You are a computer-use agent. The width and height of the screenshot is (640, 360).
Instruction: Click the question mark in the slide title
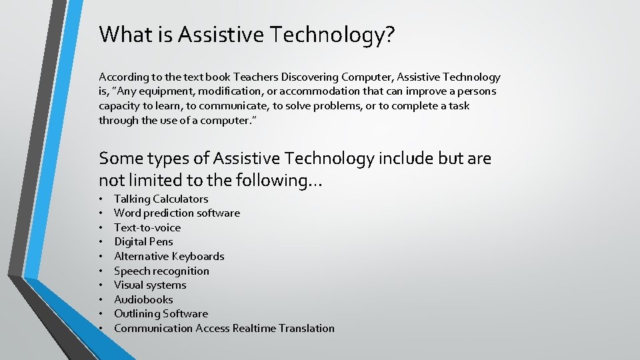click(x=389, y=35)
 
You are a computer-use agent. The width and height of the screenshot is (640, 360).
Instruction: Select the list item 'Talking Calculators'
click(x=161, y=199)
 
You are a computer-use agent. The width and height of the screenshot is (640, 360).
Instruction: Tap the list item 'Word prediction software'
click(x=177, y=213)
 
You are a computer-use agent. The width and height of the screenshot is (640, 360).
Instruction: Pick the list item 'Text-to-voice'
click(x=147, y=227)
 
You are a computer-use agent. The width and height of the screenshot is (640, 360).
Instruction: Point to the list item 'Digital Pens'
click(x=143, y=242)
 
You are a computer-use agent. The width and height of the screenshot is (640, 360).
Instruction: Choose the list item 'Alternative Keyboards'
click(x=169, y=256)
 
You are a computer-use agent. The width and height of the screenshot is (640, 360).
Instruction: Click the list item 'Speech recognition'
click(x=161, y=271)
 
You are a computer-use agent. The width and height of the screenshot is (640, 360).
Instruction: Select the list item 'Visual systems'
click(x=150, y=285)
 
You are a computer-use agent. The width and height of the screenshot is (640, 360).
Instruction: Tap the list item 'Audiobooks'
click(x=143, y=299)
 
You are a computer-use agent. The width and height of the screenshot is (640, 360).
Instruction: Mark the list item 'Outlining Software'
click(x=161, y=313)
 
